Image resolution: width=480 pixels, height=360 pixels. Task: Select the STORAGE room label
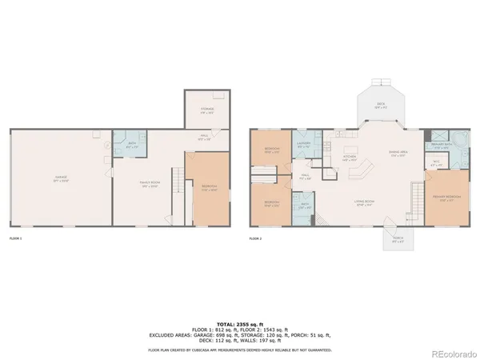207,112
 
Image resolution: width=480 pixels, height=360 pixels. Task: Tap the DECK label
381,104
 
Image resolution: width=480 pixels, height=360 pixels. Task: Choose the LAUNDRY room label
305,146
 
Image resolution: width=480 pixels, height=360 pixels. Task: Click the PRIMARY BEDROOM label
445,199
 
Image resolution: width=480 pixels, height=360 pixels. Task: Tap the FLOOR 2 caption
255,238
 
